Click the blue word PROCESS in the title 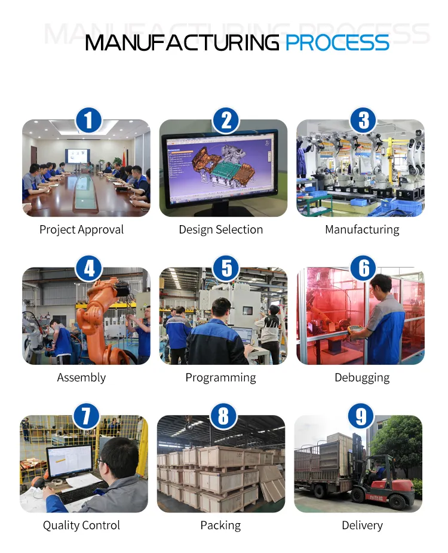(x=337, y=42)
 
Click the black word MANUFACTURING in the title (x=182, y=42)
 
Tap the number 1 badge (x=88, y=120)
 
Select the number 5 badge (x=226, y=268)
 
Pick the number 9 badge (x=361, y=416)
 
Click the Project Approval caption (x=81, y=229)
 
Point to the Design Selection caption (x=221, y=229)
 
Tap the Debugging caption (x=362, y=377)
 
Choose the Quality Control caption (x=81, y=526)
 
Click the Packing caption (x=220, y=526)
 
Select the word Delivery (x=362, y=526)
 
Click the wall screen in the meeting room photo (x=77, y=156)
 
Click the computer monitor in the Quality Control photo (x=70, y=462)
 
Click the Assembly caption (x=81, y=377)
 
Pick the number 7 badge (x=86, y=416)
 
